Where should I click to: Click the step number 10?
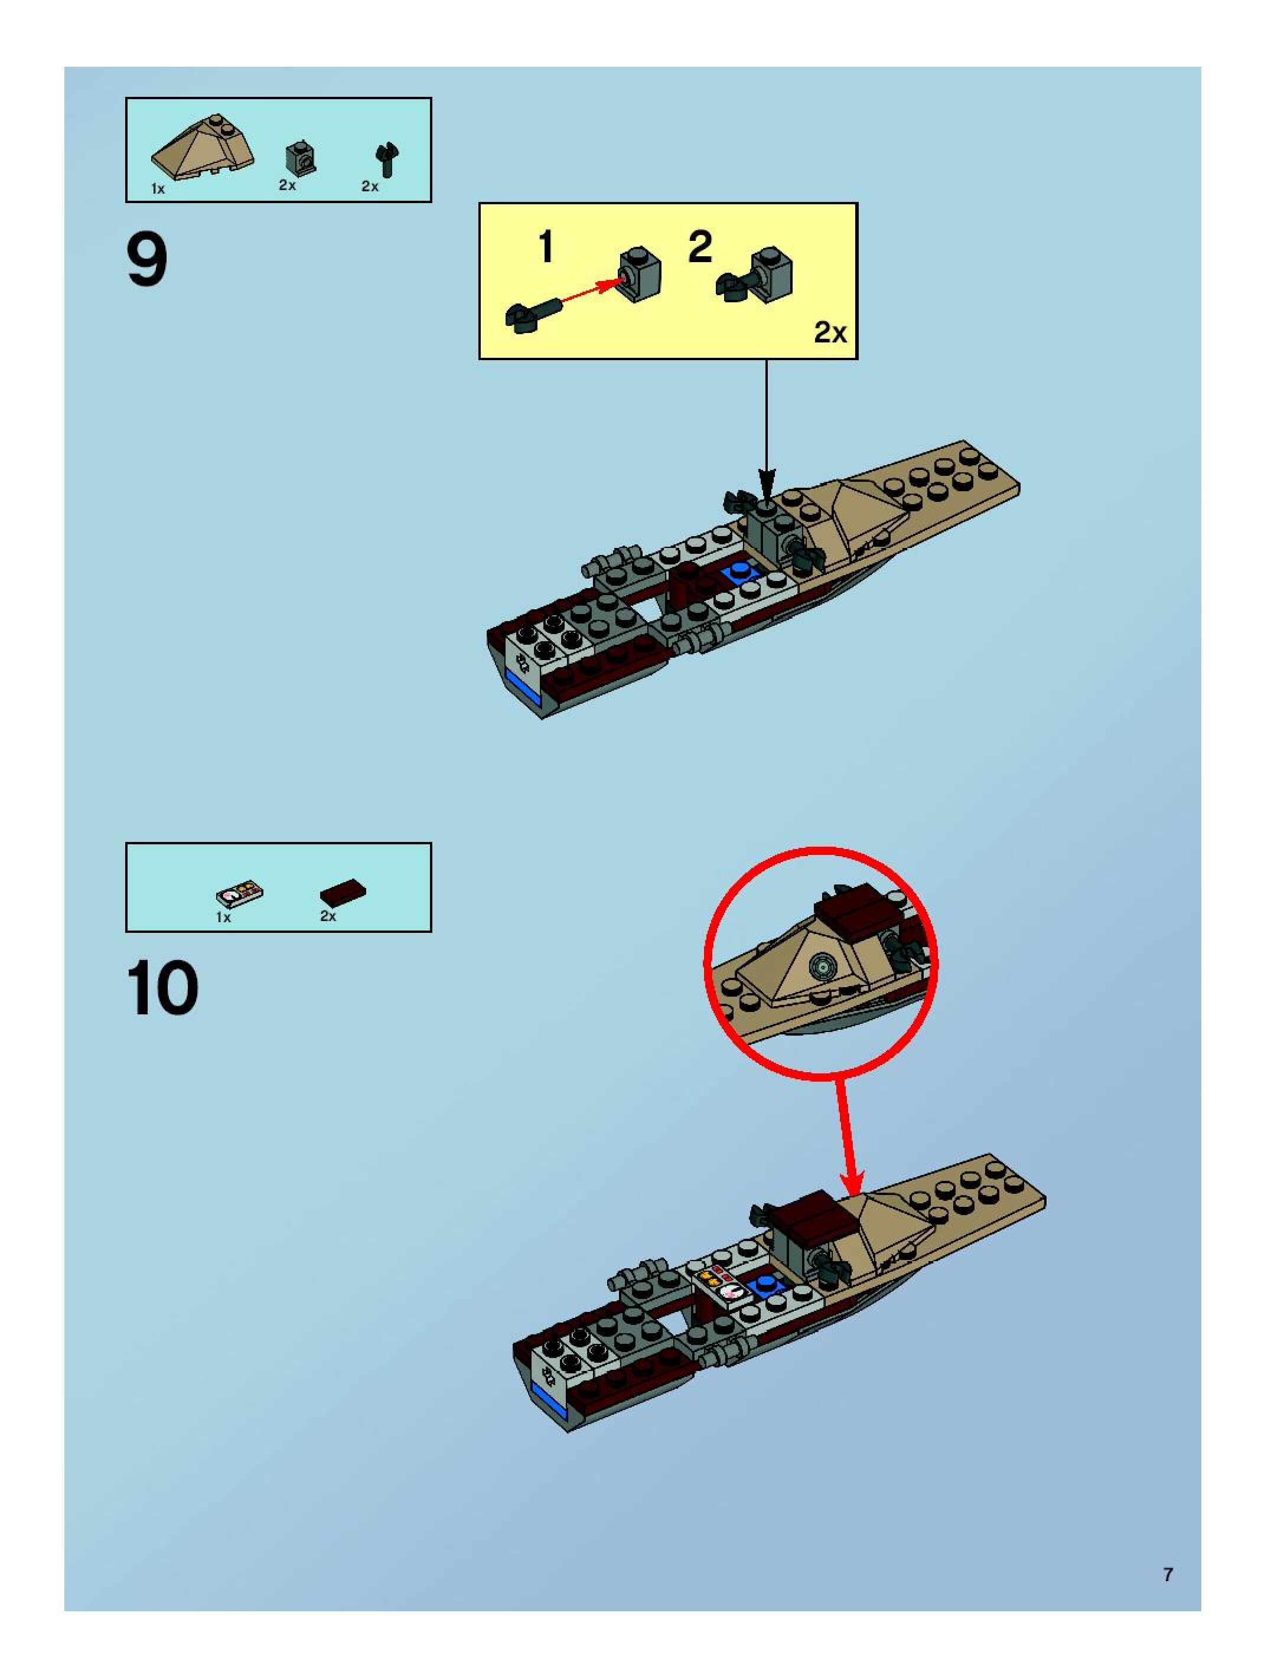click(162, 988)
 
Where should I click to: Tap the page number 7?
click(1168, 1574)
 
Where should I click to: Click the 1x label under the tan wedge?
click(158, 189)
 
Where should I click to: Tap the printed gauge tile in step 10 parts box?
click(239, 895)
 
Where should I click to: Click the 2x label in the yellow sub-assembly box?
click(830, 332)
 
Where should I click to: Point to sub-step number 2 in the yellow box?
click(700, 247)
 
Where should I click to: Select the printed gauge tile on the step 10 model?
click(722, 1284)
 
